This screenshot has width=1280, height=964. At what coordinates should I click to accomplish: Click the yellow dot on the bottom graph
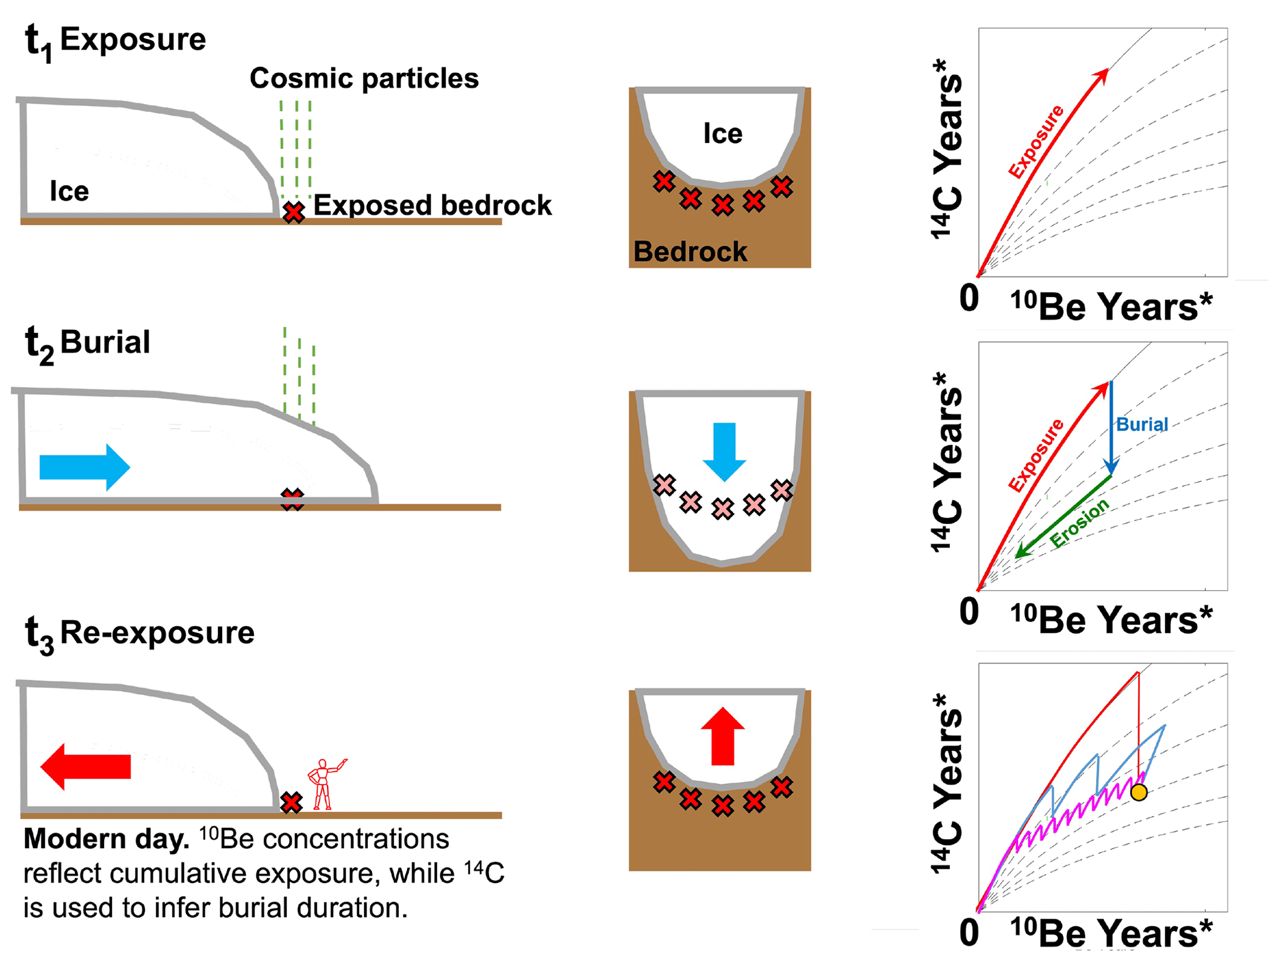pyautogui.click(x=1138, y=792)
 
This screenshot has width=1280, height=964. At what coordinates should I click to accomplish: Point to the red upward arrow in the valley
pyautogui.click(x=723, y=737)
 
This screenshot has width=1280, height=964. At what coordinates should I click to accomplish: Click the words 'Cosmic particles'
pyautogui.click(x=364, y=79)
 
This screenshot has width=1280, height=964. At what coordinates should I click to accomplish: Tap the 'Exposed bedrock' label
pyautogui.click(x=432, y=205)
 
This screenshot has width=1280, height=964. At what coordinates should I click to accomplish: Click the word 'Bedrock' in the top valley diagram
pyautogui.click(x=690, y=252)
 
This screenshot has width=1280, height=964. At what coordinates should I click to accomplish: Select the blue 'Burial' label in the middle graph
pyautogui.click(x=1141, y=424)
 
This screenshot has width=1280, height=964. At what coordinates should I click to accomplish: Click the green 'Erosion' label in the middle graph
pyautogui.click(x=1079, y=523)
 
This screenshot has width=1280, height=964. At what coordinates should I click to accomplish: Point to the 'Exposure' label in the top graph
pyautogui.click(x=1035, y=142)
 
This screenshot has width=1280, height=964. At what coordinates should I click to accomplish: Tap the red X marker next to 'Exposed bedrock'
pyautogui.click(x=294, y=212)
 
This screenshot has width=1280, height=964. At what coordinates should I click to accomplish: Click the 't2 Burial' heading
pyautogui.click(x=87, y=343)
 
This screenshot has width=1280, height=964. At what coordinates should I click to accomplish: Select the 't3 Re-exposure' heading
pyautogui.click(x=139, y=634)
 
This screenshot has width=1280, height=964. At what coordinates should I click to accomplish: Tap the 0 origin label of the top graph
pyautogui.click(x=969, y=298)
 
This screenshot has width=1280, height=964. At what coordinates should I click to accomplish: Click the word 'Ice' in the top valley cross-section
pyautogui.click(x=723, y=134)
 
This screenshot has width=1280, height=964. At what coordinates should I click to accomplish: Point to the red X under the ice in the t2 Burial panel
pyautogui.click(x=292, y=499)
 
